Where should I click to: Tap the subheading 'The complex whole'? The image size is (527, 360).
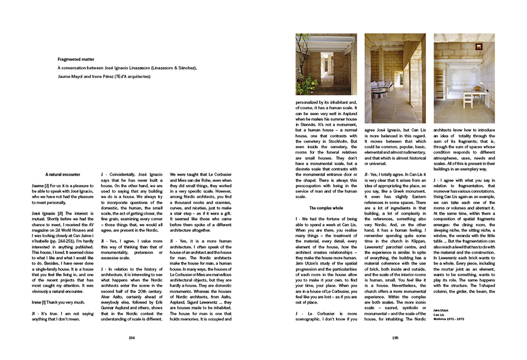pyautogui.click(x=326, y=209)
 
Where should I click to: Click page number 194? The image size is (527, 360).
pyautogui.click(x=131, y=338)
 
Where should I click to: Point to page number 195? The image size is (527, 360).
pyautogui.click(x=395, y=338)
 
